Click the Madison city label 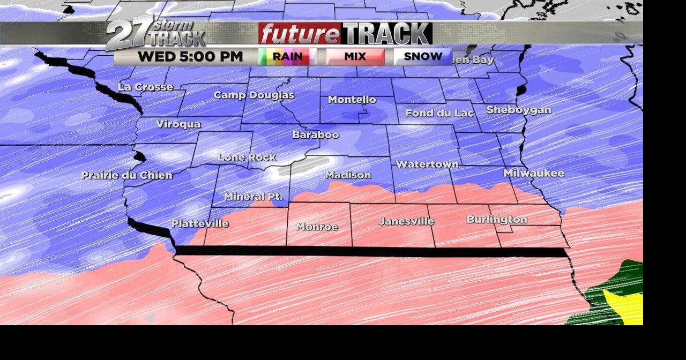348,175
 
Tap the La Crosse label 145,87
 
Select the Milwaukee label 534,173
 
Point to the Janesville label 406,221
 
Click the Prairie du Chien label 126,175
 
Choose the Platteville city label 200,223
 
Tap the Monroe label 317,227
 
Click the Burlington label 497,220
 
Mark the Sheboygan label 518,110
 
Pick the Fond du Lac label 439,113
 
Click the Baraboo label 316,135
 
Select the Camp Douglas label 253,95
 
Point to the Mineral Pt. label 253,197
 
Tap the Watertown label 427,164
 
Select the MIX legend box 355,56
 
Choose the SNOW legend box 423,56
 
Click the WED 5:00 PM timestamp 190,56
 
